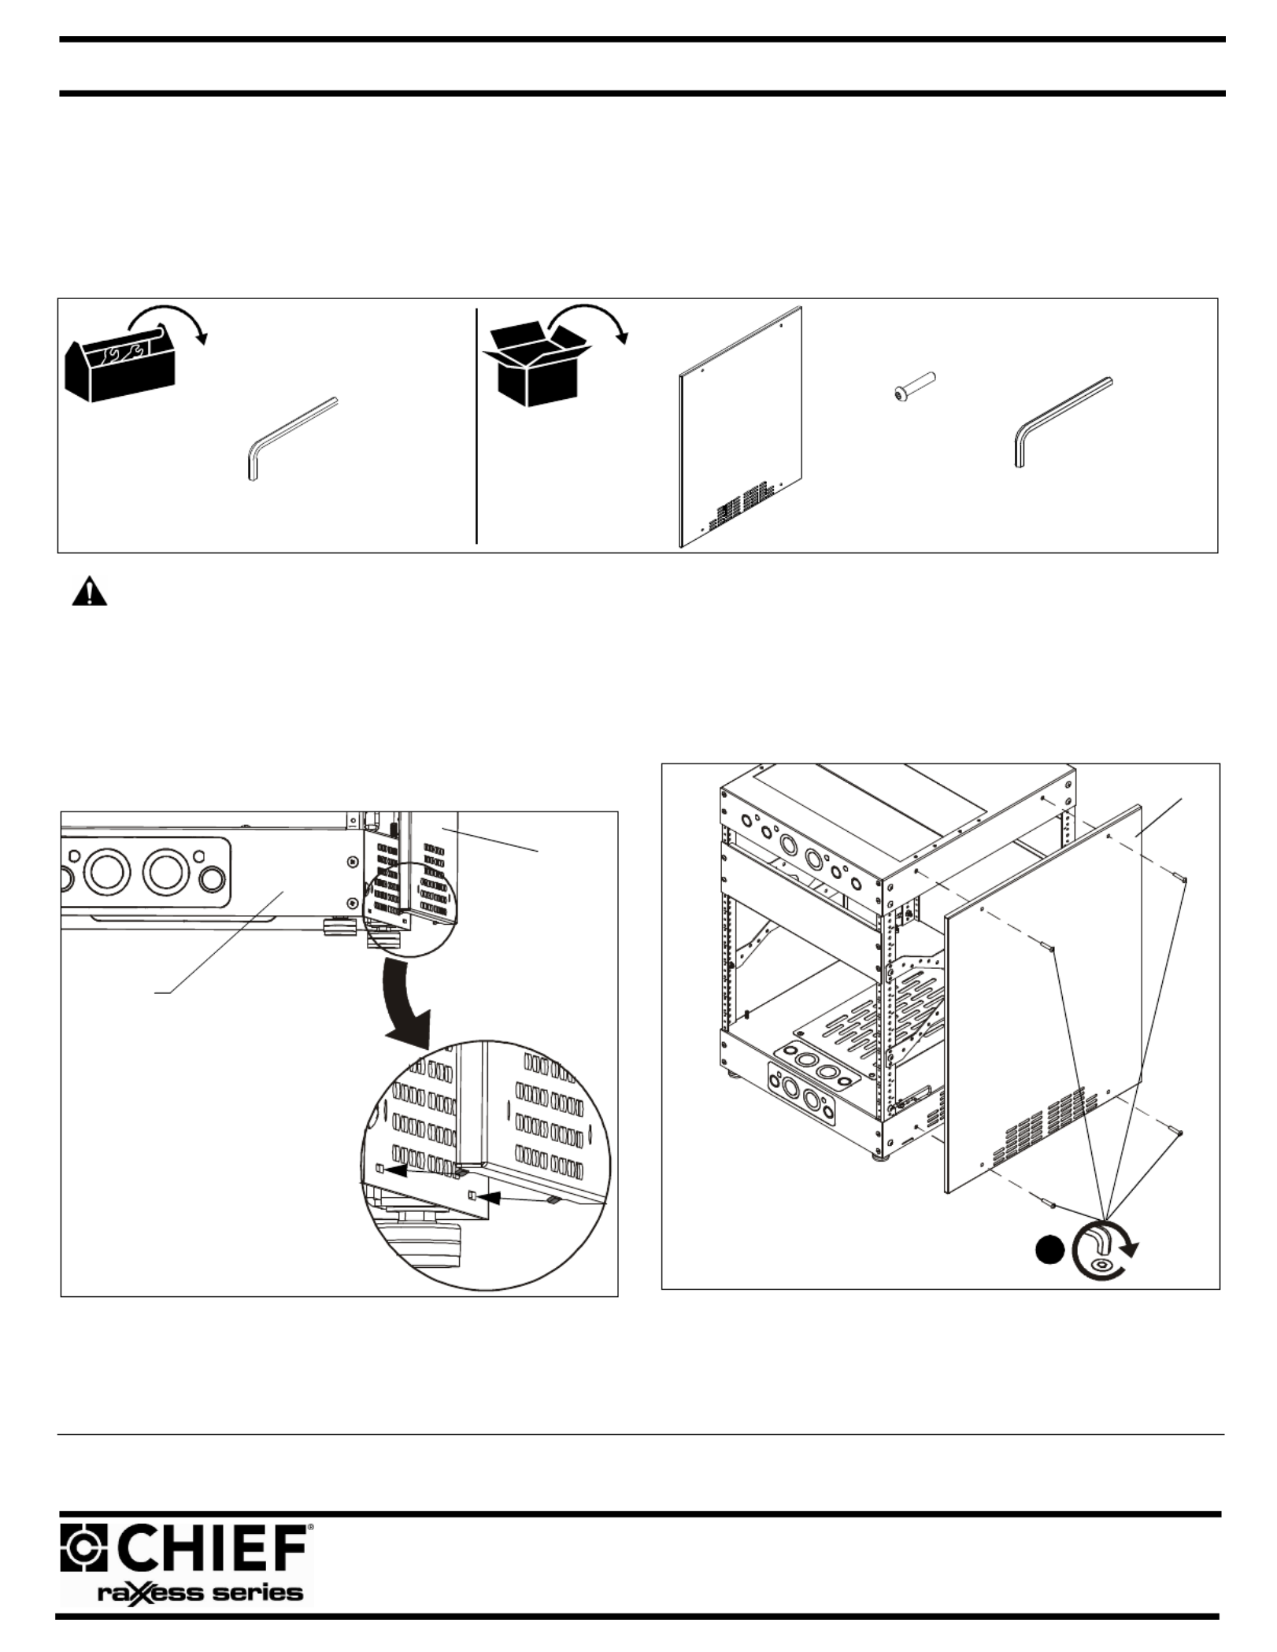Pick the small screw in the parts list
(x=915, y=389)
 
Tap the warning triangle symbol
(x=89, y=591)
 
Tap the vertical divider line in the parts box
(x=477, y=425)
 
